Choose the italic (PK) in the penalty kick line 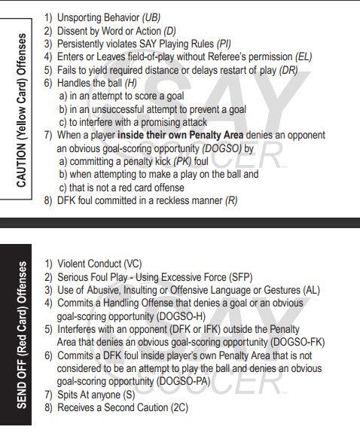183,162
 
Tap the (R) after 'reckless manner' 231,201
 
